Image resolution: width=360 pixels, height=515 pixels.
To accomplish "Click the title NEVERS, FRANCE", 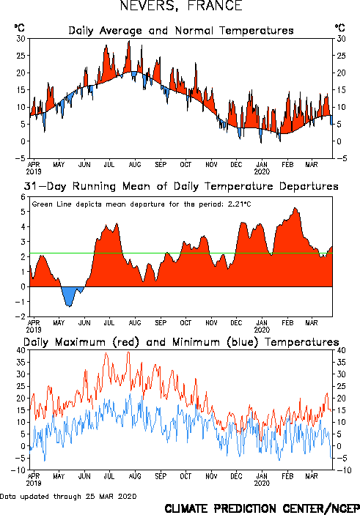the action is [x=181, y=6].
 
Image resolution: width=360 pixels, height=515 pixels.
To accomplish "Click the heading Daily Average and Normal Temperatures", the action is [x=181, y=31].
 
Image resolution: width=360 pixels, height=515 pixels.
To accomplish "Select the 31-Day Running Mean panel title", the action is [x=181, y=186].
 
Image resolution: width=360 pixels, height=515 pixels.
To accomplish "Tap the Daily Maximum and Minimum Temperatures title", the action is [x=181, y=342].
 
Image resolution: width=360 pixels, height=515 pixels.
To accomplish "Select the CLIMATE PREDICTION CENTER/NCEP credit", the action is [x=262, y=508].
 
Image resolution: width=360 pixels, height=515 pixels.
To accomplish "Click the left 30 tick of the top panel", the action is [x=21, y=39].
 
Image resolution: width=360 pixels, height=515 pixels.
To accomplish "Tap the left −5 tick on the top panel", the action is [x=21, y=158].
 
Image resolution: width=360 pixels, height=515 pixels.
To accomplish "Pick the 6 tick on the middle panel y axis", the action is [x=23, y=197].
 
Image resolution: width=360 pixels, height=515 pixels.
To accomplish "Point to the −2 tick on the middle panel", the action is [x=21, y=316].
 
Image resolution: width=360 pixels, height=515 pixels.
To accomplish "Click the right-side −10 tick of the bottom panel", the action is [x=344, y=470].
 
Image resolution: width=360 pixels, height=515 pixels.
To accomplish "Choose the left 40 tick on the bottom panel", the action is [x=21, y=350].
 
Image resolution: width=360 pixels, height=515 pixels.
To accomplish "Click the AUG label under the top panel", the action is [x=135, y=165].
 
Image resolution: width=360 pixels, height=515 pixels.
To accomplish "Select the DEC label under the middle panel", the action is [x=236, y=323].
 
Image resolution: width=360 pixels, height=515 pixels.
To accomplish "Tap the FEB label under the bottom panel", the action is [x=287, y=476].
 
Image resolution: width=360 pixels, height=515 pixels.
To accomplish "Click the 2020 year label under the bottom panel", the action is [x=262, y=483].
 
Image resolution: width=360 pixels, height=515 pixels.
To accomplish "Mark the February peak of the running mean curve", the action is [x=295, y=208].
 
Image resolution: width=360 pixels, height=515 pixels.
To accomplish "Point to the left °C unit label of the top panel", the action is [x=19, y=28].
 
